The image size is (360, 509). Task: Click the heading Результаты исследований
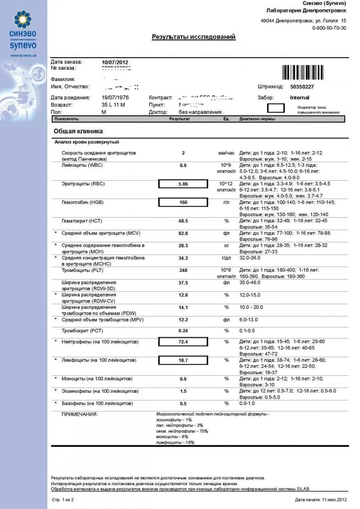[x=194, y=37]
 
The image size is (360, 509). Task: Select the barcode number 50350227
[x=302, y=87]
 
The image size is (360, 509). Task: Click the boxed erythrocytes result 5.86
[x=183, y=184]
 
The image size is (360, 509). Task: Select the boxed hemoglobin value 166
[x=183, y=202]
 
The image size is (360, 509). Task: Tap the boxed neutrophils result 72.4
[x=183, y=341]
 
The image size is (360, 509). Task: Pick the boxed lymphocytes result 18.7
[x=183, y=360]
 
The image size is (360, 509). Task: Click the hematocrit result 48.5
[x=183, y=221]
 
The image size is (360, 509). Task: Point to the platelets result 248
[x=183, y=270]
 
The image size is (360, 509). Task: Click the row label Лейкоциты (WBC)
[x=82, y=165]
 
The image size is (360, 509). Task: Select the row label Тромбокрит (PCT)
[x=82, y=330]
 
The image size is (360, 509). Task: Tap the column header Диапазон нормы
[x=257, y=119]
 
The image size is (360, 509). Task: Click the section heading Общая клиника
[x=78, y=131]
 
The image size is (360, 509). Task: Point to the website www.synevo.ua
[x=23, y=56]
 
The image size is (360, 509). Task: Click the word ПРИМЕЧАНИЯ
[x=80, y=414]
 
